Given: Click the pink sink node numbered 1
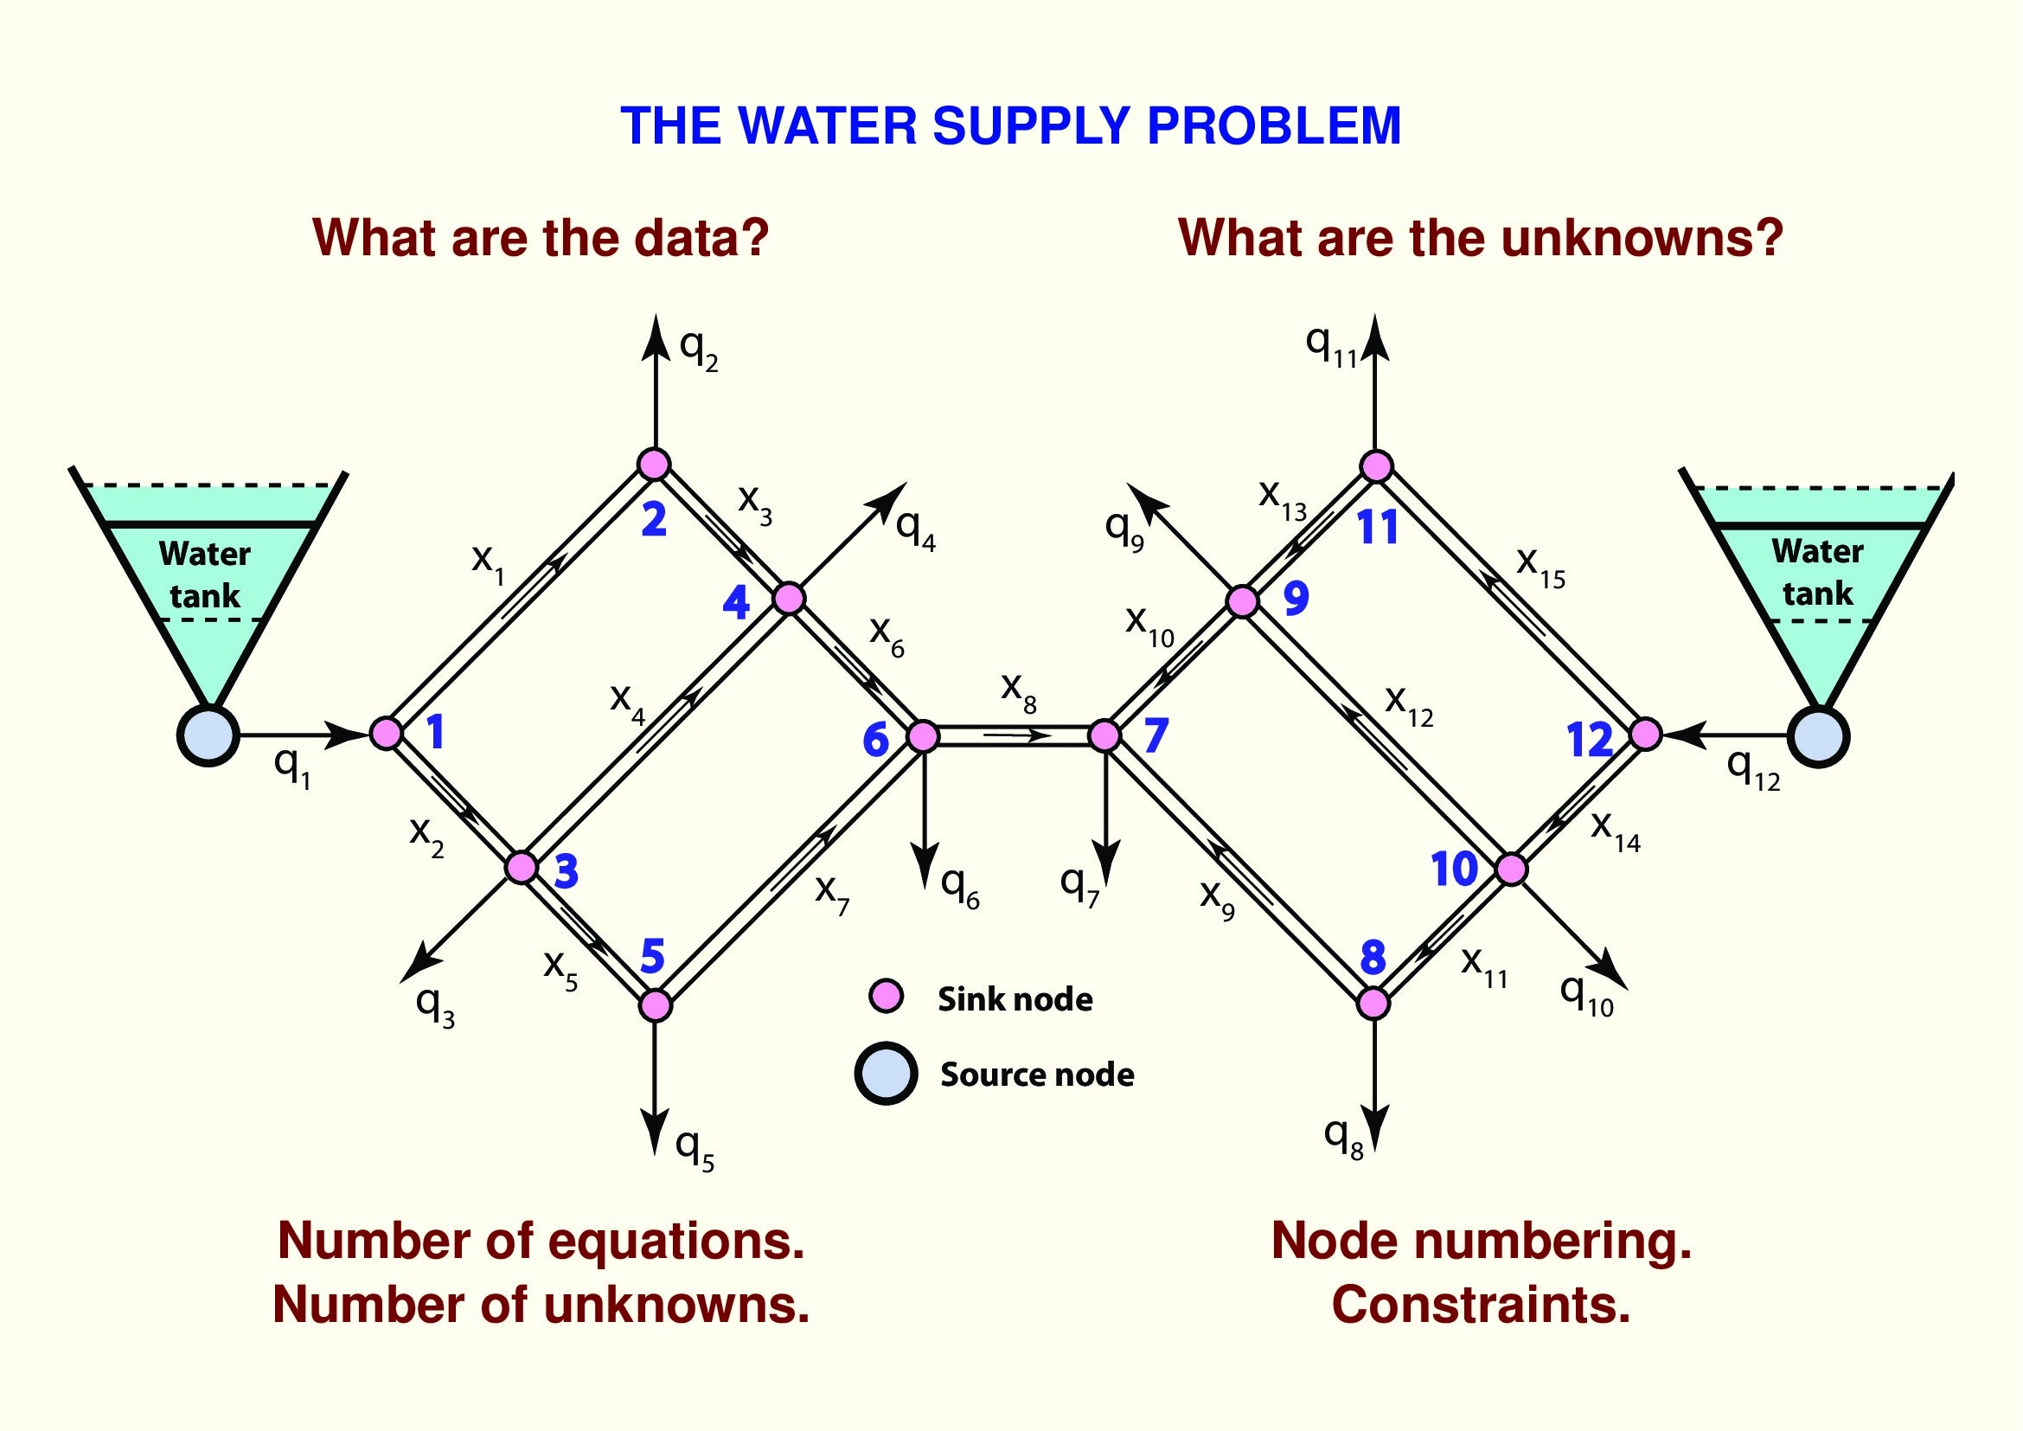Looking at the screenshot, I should coord(386,733).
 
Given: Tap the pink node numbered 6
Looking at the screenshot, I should coord(923,735).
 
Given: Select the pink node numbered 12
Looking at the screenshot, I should coord(1645,734).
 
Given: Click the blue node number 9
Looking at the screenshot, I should coord(1296,599).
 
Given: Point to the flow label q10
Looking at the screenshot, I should coord(1586,996).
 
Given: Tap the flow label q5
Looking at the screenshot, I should coord(695,1150).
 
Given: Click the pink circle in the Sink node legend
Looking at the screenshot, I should coord(887,997).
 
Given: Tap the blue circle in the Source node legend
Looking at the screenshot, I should coord(887,1073).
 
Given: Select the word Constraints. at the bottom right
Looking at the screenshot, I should coord(1480,1305).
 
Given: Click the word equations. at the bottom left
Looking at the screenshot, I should coord(675,1241).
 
